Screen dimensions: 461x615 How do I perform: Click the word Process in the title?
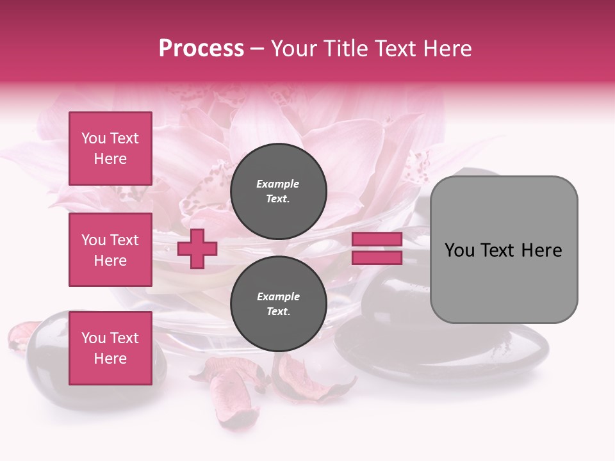[x=201, y=49]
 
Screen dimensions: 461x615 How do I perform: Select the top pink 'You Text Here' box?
[x=110, y=149]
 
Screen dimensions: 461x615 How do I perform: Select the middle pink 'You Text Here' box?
[x=110, y=250]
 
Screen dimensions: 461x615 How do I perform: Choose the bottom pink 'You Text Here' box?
[x=110, y=348]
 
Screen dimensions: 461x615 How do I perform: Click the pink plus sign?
[x=197, y=248]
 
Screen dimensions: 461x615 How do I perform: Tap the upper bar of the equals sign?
[x=377, y=239]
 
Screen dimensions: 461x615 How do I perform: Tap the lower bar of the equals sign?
[x=377, y=258]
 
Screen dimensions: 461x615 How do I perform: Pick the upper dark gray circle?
[x=279, y=191]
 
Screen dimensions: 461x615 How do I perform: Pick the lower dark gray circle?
[x=279, y=304]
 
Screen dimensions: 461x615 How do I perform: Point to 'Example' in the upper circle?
[x=278, y=184]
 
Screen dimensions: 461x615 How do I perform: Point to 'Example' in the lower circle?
[x=278, y=296]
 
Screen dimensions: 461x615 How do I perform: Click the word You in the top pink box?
[x=94, y=138]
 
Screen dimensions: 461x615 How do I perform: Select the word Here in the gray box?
[x=542, y=250]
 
